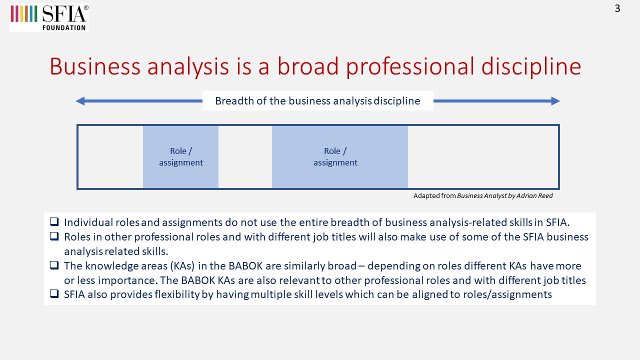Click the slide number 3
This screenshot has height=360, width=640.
pos(617,8)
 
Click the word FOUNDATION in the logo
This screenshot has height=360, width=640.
pos(64,27)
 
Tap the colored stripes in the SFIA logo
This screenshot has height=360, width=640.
pos(24,13)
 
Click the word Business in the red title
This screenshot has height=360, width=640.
pos(95,66)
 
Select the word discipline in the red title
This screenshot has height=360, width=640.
pos(531,66)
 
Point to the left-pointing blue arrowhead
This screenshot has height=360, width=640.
pos(80,101)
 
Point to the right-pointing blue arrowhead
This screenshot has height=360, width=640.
pos(555,101)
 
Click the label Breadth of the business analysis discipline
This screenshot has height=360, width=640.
pos(317,101)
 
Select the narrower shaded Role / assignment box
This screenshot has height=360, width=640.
pos(180,157)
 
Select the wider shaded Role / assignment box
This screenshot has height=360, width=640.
pos(339,157)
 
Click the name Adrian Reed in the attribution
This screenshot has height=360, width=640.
pos(534,195)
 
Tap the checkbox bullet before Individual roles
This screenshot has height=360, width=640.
pos(54,221)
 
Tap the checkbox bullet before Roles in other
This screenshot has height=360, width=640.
pos(54,236)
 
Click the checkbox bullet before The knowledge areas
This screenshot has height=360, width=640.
pos(54,265)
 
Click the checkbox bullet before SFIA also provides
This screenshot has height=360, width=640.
pos(54,293)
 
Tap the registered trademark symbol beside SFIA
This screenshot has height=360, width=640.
pos(86,7)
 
